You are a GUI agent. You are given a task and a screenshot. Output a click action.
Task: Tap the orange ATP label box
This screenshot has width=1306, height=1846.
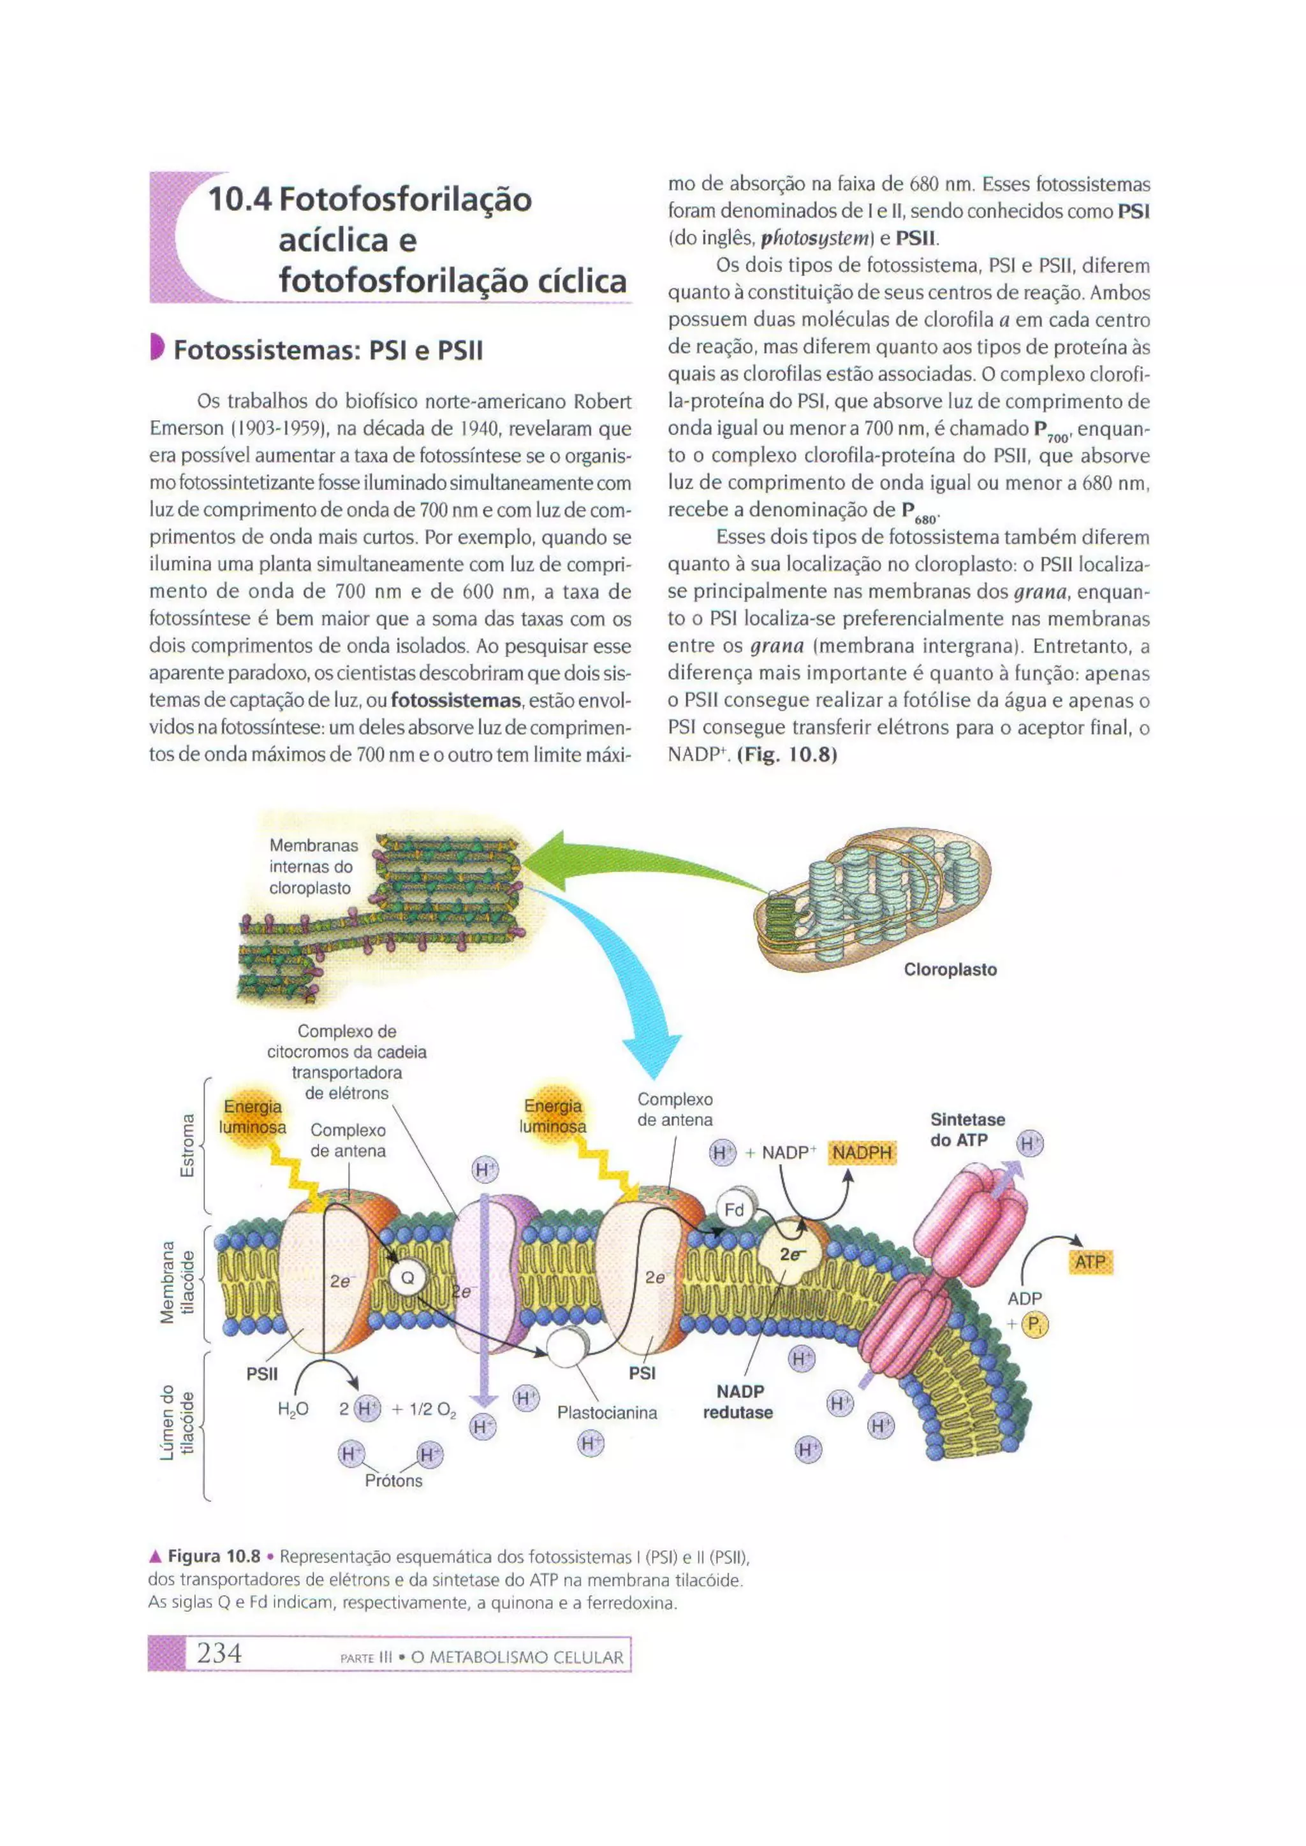[x=1090, y=1261]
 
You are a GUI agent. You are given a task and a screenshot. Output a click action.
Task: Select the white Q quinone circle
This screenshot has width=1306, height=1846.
[x=407, y=1277]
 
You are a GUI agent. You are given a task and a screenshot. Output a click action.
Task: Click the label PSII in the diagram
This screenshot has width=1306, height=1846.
[x=262, y=1374]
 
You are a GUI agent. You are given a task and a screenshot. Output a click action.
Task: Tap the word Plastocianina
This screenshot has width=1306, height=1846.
[x=607, y=1413]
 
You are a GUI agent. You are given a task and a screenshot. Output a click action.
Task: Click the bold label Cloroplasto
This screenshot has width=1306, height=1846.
[x=950, y=970]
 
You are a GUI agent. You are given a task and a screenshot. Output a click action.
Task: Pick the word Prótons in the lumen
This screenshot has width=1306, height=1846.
[x=393, y=1481]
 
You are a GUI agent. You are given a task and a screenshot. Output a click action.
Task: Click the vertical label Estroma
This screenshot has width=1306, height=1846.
[x=187, y=1145]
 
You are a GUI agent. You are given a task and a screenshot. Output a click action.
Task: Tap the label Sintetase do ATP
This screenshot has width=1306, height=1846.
[x=967, y=1130]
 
